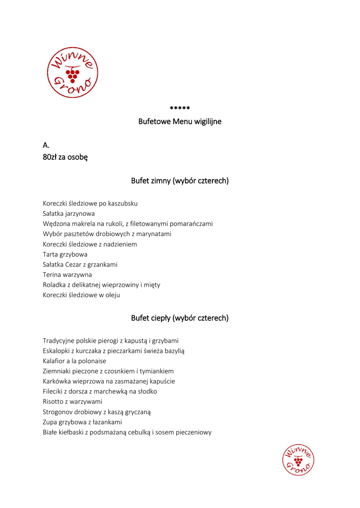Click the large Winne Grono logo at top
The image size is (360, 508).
pos(72,72)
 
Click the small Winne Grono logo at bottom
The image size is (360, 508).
pos(298,460)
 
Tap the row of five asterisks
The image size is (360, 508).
pos(180,109)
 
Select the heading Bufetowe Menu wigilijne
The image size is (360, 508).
pos(180,122)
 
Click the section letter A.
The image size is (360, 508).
pos(46,145)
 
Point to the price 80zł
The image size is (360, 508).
pos(50,157)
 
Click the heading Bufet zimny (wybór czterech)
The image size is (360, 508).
pos(180,181)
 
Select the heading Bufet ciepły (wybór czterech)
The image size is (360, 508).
pos(180,318)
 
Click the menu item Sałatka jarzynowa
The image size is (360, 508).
pos(69,213)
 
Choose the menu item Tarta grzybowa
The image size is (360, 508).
pos(65,254)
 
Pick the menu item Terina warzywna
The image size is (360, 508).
pos(67,274)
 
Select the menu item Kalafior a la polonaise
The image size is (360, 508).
pos(74,361)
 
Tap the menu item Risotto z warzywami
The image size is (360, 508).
pos(72,402)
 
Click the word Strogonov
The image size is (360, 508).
pos(59,412)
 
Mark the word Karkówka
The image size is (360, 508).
pos(58,381)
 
